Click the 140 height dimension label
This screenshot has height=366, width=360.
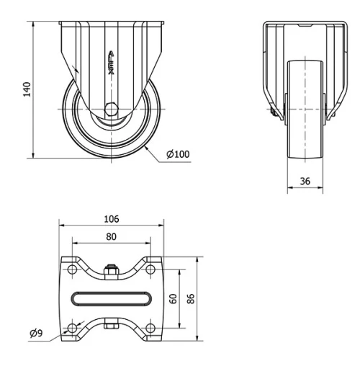(27, 89)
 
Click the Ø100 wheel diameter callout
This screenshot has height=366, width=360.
(178, 154)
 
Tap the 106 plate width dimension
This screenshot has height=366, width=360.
(111, 219)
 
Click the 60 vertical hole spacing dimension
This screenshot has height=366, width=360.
(174, 298)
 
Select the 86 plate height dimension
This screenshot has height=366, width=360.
(191, 298)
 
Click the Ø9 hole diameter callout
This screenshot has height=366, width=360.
(35, 332)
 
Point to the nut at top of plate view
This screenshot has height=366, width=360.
(111, 270)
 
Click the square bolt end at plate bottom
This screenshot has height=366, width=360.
(111, 326)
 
